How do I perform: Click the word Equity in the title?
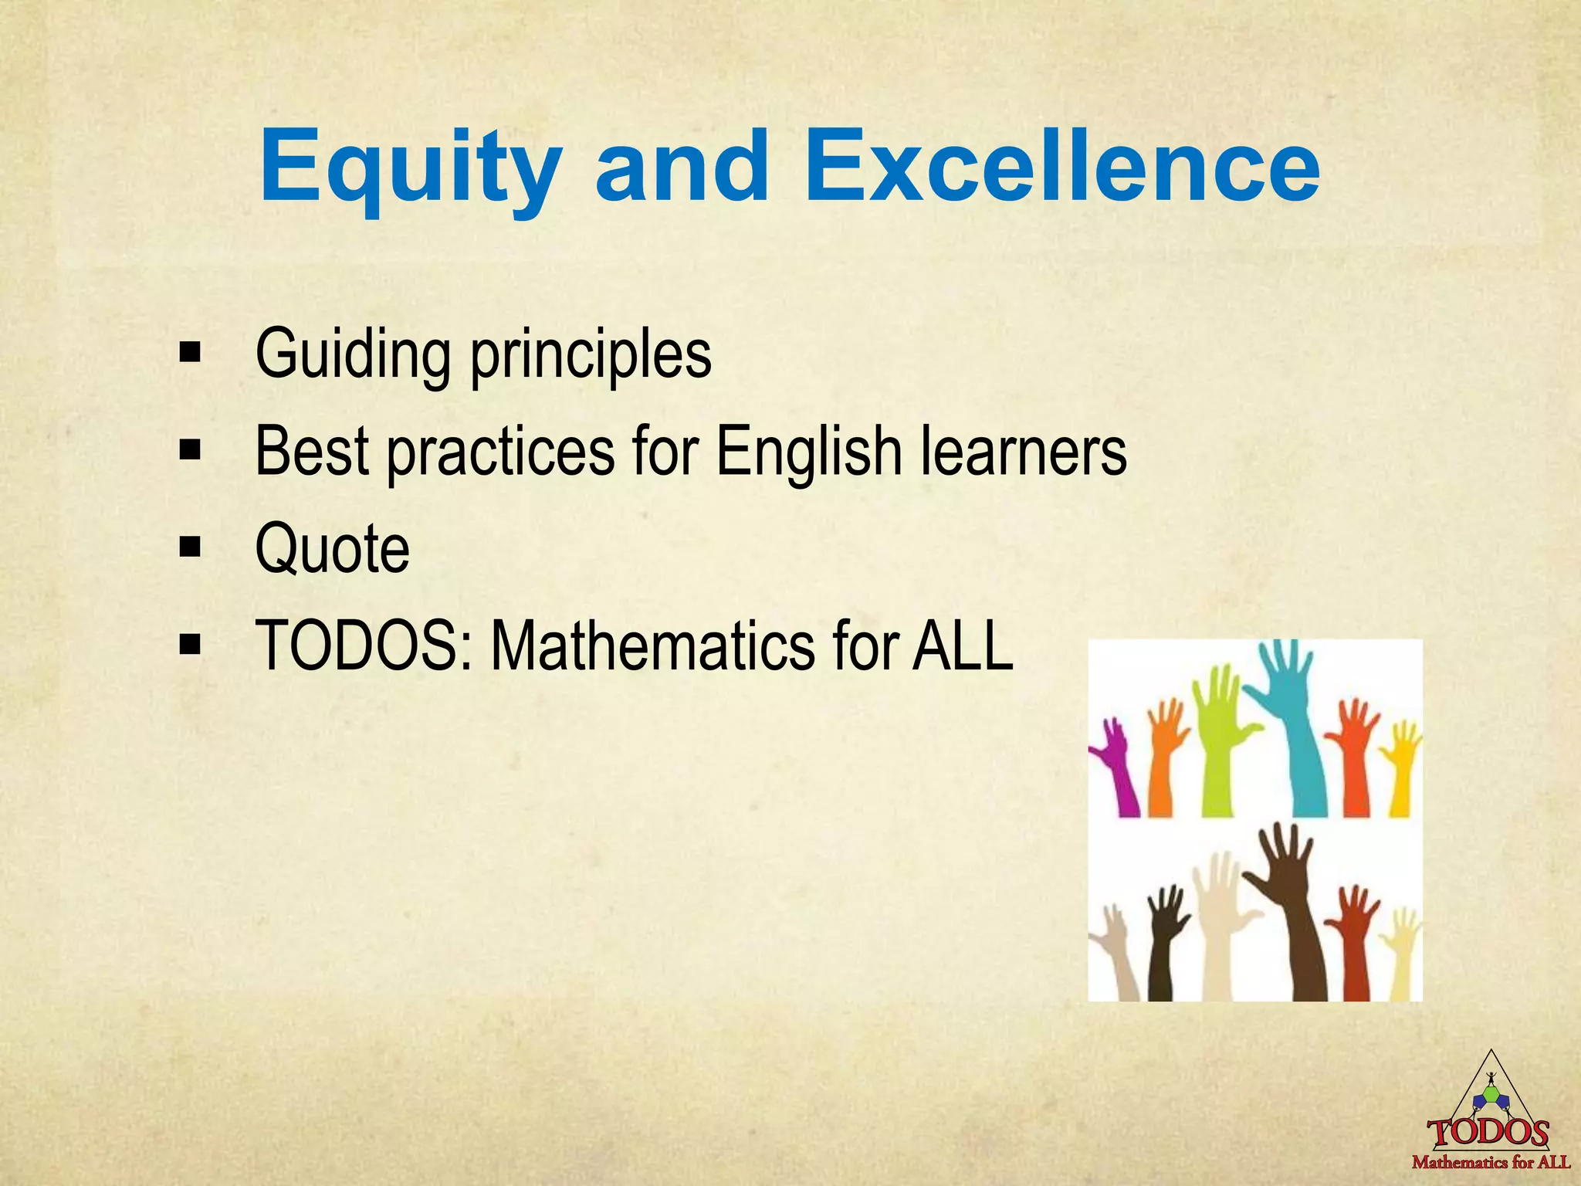tap(410, 168)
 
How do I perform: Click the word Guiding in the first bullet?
tap(352, 354)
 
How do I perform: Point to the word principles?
tap(591, 357)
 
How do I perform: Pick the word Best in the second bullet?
tap(312, 451)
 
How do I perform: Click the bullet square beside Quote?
tap(189, 548)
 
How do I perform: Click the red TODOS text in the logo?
tap(1489, 1133)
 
